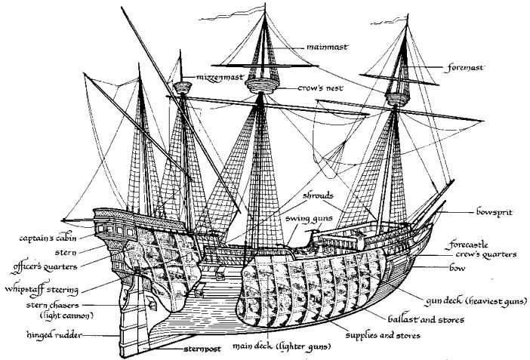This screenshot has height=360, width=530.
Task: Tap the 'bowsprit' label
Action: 495,212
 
